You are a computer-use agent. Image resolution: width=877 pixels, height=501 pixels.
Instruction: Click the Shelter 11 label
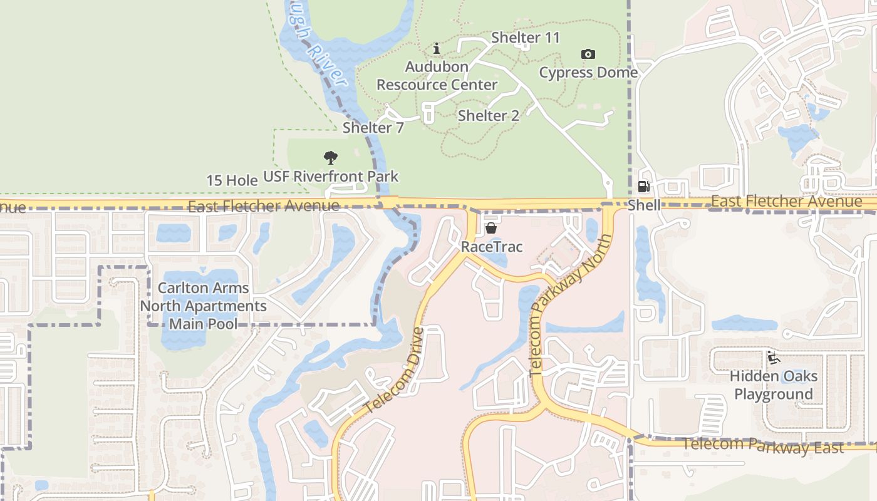[x=525, y=38]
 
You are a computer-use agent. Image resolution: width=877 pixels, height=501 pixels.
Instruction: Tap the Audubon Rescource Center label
[x=437, y=76]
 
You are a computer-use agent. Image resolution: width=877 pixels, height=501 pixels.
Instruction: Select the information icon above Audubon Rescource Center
[x=437, y=49]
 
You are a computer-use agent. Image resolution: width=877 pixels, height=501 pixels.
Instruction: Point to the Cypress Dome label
[x=588, y=73]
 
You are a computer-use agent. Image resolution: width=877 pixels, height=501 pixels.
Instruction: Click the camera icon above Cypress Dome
[x=588, y=54]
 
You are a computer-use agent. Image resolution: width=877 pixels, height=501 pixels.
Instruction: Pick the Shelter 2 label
[x=489, y=116]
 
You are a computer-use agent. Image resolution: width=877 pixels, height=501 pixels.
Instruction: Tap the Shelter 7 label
[x=373, y=128]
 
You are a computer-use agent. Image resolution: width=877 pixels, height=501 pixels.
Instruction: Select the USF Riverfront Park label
[x=330, y=177]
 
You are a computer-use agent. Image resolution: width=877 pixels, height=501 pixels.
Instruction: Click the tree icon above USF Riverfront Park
[x=330, y=158]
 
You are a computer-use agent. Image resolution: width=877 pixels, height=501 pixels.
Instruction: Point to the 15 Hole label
[x=232, y=180]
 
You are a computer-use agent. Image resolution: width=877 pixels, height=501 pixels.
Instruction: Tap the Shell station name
[x=643, y=205]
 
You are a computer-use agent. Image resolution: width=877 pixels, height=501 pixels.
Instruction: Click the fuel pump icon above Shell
[x=643, y=187]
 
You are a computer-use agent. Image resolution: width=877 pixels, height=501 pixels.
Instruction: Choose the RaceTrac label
[x=491, y=247]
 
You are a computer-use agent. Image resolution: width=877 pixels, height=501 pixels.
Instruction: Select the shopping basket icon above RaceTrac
[x=491, y=229]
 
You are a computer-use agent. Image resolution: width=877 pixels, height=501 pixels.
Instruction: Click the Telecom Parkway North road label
[x=571, y=306]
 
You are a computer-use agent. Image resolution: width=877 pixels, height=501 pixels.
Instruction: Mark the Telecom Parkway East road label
[x=762, y=446]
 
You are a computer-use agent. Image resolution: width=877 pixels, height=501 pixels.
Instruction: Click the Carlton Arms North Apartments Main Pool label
[x=203, y=306]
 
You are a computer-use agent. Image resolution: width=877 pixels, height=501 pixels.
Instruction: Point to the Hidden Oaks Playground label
[x=773, y=385]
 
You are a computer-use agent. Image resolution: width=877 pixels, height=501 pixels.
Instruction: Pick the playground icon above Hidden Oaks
[x=773, y=358]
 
